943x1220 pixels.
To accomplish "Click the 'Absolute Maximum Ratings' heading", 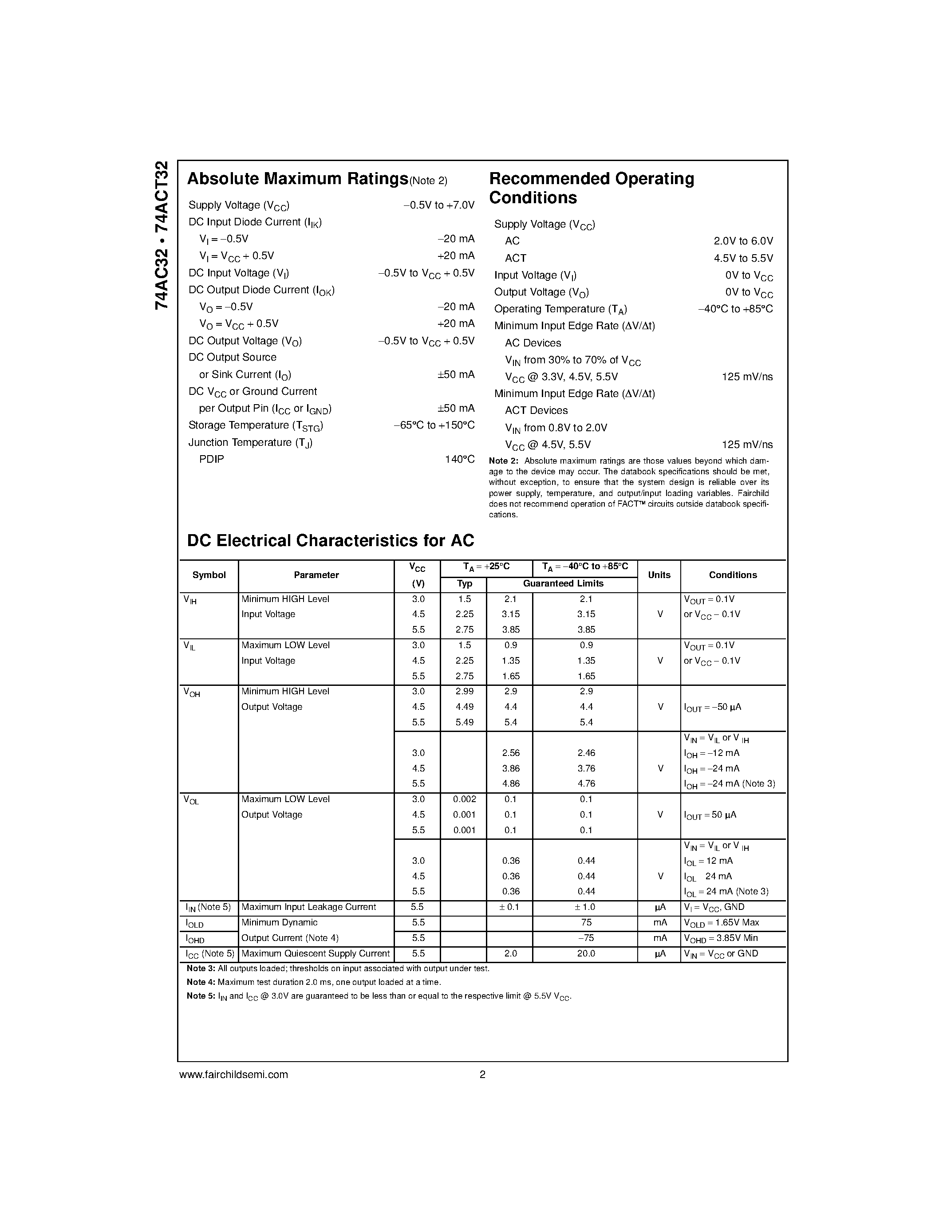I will (x=297, y=179).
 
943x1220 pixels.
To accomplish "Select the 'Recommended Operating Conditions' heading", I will (x=591, y=188).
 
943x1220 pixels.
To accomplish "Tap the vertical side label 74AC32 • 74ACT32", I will (x=162, y=235).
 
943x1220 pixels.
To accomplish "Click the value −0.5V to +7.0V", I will (x=438, y=205).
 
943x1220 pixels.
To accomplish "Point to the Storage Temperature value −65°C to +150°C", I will (x=434, y=425).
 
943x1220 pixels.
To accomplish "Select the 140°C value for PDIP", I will (x=459, y=459).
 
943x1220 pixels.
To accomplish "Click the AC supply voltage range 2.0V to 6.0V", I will (x=743, y=241).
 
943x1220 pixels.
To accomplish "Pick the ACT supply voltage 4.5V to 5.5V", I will (x=743, y=258).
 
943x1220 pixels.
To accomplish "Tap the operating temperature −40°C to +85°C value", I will (x=735, y=309).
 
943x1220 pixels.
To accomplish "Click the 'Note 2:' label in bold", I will (x=503, y=461).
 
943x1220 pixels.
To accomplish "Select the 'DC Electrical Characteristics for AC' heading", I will (x=330, y=540).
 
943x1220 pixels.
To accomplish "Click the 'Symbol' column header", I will (x=209, y=575).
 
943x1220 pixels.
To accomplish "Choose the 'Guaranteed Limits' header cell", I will (x=563, y=583).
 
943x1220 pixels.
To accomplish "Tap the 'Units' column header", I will (x=659, y=575).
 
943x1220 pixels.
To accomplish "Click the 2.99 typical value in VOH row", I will (x=464, y=691).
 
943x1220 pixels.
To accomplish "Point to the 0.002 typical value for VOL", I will (x=464, y=799).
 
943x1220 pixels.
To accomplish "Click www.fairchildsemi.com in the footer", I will (x=233, y=1074).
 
